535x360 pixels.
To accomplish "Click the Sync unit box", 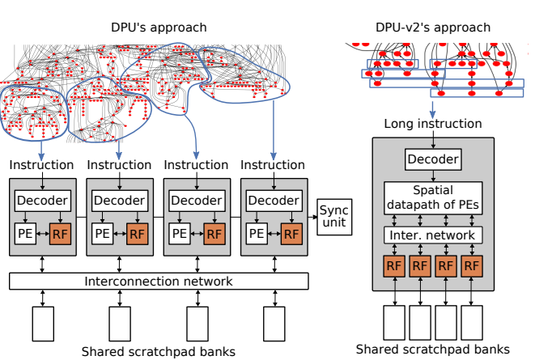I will (334, 216).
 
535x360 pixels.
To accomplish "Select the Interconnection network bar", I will (159, 281).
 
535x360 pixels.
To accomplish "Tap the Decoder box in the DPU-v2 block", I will (432, 159).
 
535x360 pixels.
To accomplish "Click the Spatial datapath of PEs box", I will (432, 197).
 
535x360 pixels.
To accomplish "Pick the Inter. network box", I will (432, 235).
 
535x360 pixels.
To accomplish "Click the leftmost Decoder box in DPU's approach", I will (42, 201).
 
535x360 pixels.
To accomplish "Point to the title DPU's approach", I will (159, 28).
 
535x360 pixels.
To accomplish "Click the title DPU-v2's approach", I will (433, 28).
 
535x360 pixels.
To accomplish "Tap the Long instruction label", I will (432, 124).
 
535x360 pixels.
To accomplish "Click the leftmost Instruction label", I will (42, 165).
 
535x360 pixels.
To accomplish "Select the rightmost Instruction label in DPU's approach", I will (274, 165).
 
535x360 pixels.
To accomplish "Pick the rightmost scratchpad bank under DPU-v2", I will (472, 322).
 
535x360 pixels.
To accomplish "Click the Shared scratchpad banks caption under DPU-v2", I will (433, 349).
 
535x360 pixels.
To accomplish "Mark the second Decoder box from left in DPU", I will (120, 201).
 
